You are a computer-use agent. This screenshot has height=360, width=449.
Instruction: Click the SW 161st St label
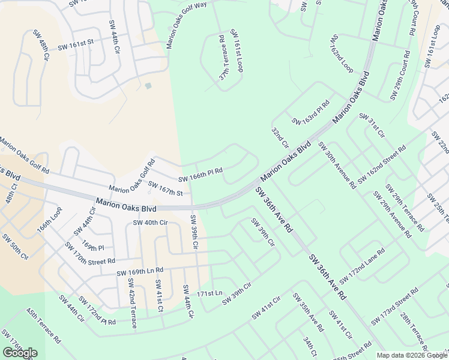coord(76,45)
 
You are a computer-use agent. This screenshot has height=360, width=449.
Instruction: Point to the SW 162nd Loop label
coord(342,53)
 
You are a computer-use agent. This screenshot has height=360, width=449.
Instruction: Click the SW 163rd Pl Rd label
coord(311,112)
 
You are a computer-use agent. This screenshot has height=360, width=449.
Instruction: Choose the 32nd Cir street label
coord(280,139)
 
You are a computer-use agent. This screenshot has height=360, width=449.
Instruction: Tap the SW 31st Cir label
coord(372,125)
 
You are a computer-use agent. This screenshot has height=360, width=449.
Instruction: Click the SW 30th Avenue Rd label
coord(337,165)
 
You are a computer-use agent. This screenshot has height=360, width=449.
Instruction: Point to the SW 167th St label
coord(165,189)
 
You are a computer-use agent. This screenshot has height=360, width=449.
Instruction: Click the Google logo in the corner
coord(20,353)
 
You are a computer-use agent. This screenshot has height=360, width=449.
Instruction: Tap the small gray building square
coord(148,86)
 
